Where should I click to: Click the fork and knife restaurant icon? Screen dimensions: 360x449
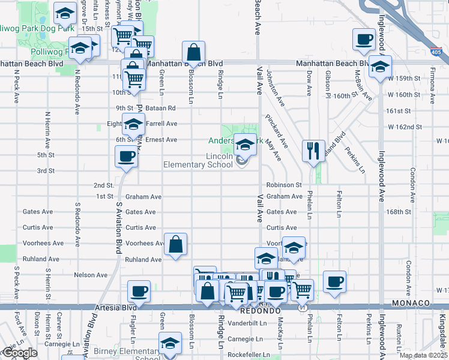313,150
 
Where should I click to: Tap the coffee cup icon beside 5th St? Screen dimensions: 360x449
126,157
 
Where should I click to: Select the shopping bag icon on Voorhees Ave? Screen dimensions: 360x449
175,244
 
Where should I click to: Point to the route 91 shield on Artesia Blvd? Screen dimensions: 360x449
300,307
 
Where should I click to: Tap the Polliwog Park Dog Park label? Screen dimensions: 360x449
37,28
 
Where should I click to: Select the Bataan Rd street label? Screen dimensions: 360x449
163,108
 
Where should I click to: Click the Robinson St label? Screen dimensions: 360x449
284,185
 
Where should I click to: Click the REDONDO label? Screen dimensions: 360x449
257,312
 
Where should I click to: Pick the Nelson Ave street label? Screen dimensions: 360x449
90,275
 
